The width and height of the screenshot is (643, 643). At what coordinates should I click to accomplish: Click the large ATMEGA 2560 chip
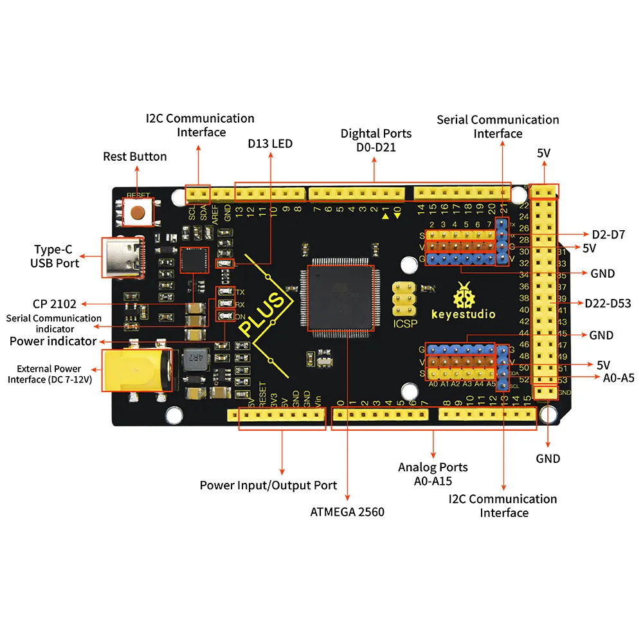341,298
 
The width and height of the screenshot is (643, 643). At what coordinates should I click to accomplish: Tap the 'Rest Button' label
135,157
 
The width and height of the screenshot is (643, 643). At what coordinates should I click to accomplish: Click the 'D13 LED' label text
270,143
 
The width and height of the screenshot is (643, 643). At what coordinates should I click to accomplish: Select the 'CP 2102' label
55,304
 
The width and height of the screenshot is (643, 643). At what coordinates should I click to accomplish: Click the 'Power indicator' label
53,341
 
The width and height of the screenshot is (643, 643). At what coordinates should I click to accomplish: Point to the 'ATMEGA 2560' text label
348,512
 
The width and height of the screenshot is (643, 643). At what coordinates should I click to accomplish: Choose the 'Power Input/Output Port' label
268,485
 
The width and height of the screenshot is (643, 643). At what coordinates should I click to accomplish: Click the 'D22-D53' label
608,303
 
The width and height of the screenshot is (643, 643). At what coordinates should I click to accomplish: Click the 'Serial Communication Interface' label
498,126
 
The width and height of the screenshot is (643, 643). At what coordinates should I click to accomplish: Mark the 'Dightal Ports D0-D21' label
376,140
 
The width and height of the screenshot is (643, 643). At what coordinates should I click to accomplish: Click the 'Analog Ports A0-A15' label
433,474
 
